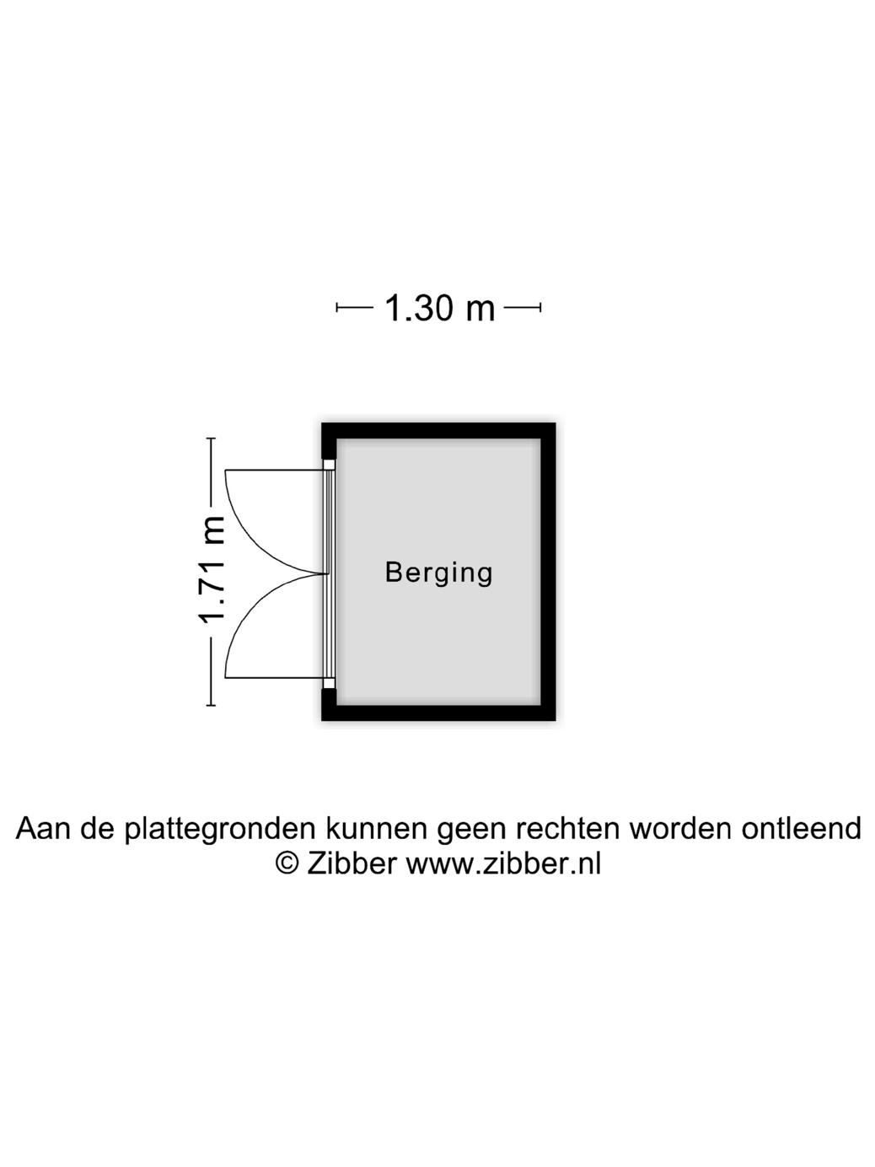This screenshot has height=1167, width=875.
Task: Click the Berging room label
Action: tap(438, 573)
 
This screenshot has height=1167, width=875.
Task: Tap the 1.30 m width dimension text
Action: tap(439, 309)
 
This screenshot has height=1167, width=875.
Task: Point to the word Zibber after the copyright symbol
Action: tap(351, 863)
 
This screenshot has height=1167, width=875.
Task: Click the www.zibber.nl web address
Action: tap(503, 863)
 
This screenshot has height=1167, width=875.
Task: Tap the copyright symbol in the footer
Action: tap(288, 863)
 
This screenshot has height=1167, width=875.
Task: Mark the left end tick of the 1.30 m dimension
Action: tap(337, 308)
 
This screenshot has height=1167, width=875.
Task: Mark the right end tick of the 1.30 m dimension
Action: tap(540, 308)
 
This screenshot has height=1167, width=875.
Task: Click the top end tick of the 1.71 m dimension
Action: tap(211, 439)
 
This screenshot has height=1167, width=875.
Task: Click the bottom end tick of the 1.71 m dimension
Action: tap(211, 704)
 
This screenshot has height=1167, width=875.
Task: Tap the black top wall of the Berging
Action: tap(438, 430)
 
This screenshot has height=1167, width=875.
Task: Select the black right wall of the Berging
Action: tap(548, 572)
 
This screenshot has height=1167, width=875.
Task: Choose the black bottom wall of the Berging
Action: tap(438, 713)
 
